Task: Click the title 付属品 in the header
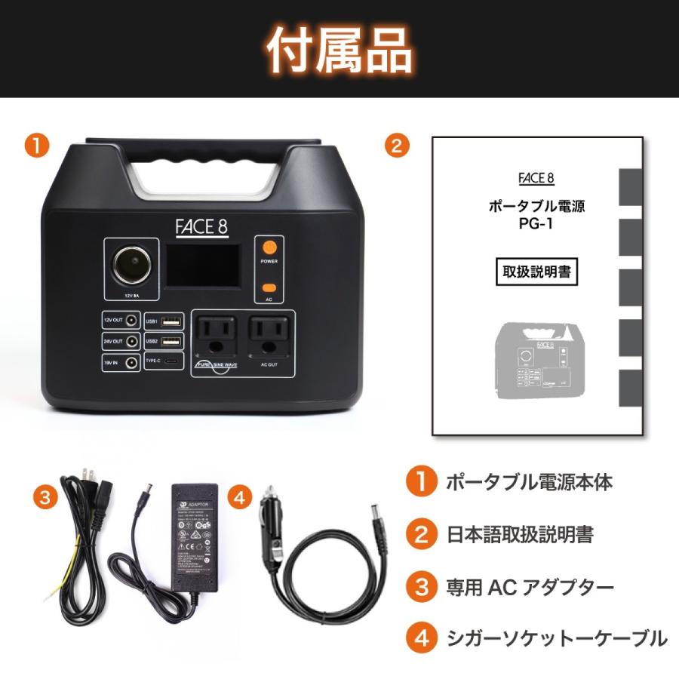tap(339, 51)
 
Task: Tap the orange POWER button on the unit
tap(269, 247)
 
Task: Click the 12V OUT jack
tap(132, 320)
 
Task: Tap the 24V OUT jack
tap(132, 341)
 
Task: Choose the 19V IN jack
tap(132, 363)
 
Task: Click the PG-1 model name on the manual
tap(536, 224)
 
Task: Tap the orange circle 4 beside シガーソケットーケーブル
tap(421, 638)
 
